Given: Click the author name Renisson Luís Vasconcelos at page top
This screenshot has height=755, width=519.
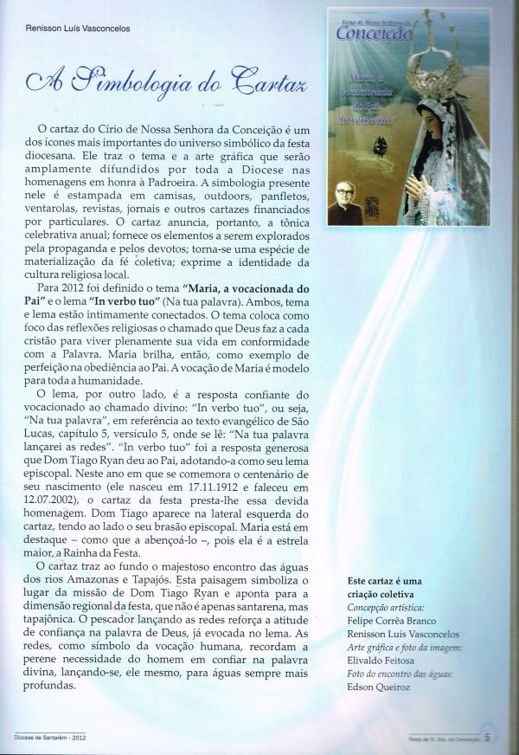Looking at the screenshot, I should coord(85,28).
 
